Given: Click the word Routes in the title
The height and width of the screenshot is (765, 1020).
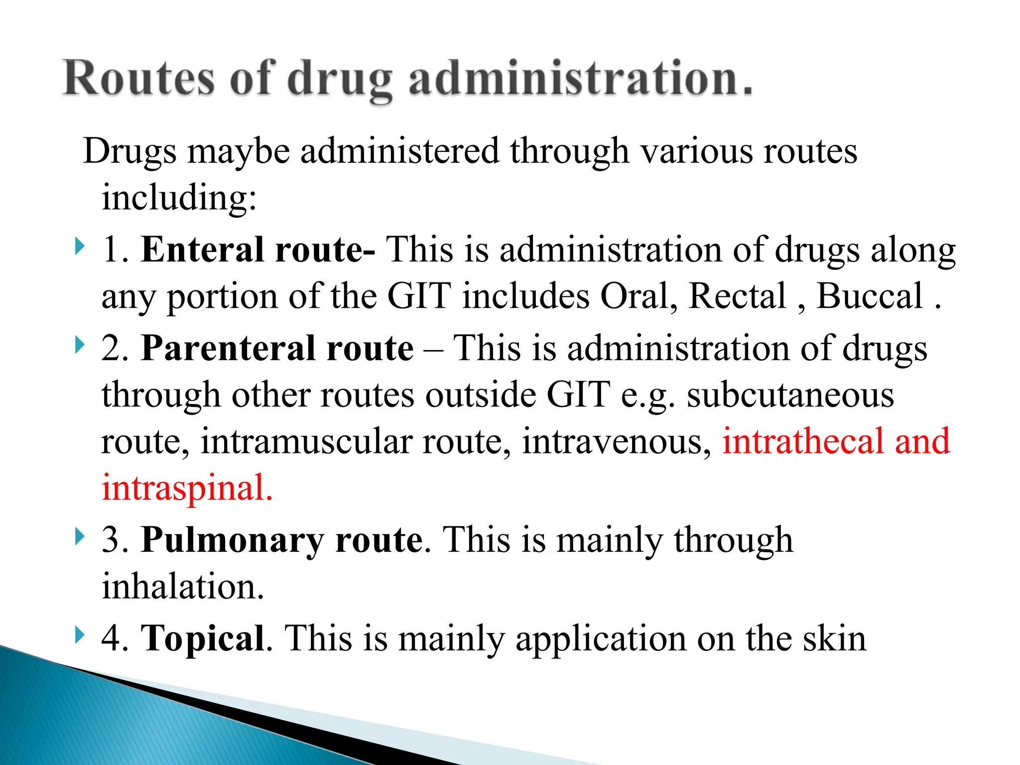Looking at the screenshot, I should pos(139,78).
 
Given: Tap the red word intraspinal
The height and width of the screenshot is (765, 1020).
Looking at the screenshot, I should pos(187,488).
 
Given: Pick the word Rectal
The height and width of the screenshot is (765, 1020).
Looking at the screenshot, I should pos(737,296).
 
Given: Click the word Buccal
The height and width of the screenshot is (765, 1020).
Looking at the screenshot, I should pos(870,296).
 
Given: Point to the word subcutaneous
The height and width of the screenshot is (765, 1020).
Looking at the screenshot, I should pos(790,395).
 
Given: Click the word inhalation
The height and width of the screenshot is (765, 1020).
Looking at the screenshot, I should pos(182,586).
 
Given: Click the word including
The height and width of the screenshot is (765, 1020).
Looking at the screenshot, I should pos(179,198).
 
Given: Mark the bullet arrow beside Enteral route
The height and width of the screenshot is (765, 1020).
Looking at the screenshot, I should pos(79,247).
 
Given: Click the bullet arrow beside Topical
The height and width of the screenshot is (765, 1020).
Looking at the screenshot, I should pos(79,635).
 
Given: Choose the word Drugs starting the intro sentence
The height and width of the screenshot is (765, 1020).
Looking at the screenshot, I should pos(129,151).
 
